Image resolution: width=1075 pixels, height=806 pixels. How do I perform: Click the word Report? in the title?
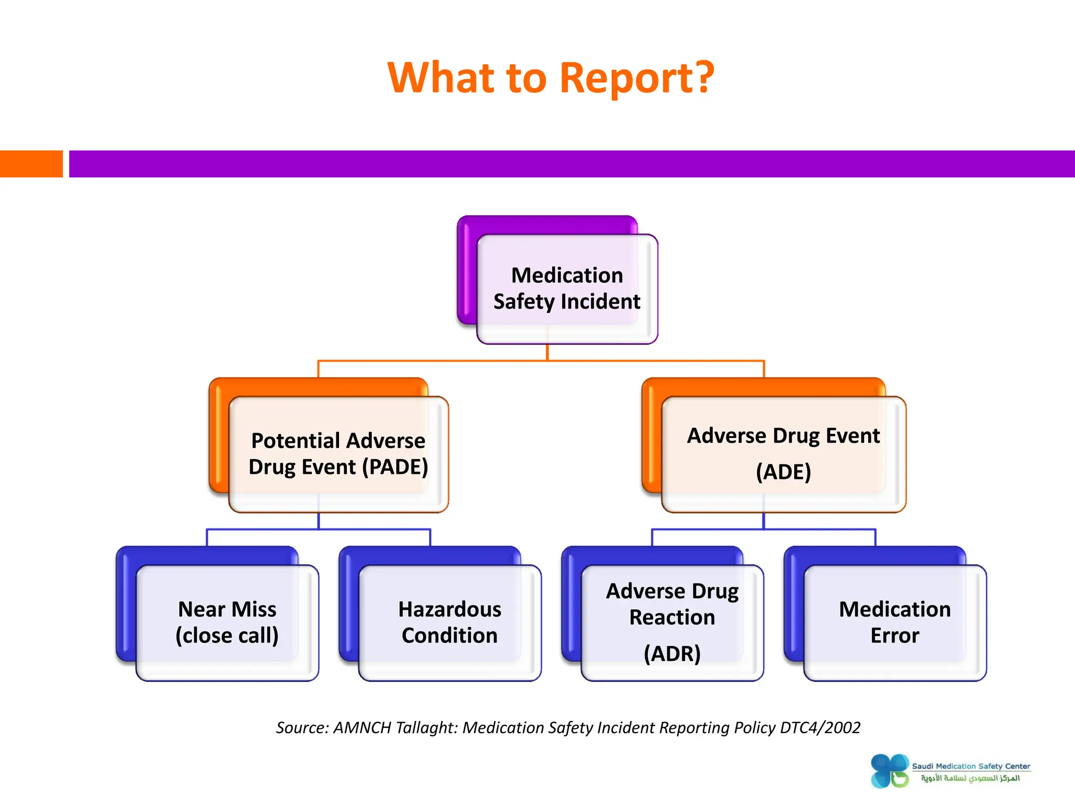coord(636,78)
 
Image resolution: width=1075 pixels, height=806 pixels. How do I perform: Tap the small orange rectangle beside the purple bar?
coord(31,164)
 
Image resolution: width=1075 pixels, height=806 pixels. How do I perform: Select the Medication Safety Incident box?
coord(566,289)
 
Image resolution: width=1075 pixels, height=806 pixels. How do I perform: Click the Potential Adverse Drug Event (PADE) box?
coord(338,454)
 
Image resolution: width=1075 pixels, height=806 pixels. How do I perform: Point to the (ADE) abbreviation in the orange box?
coord(783,472)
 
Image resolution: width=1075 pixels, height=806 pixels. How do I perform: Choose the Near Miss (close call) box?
coord(227,622)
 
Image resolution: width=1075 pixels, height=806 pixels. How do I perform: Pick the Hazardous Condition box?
coord(449,622)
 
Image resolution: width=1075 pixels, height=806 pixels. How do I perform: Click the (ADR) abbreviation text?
coord(672,654)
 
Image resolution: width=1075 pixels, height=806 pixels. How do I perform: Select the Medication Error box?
coord(894,622)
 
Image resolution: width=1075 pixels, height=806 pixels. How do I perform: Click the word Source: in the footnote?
coord(302,728)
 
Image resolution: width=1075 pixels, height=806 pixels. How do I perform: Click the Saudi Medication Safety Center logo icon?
coord(889,771)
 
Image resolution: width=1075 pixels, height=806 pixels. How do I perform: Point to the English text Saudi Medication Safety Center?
coord(971,766)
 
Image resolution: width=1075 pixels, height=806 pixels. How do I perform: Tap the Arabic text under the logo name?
coord(970,778)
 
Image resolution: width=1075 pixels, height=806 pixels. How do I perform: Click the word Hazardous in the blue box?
coord(449,610)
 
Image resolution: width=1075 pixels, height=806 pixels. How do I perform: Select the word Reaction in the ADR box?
coord(672,618)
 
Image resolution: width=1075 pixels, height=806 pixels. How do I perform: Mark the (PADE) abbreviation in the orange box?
coord(395,467)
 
